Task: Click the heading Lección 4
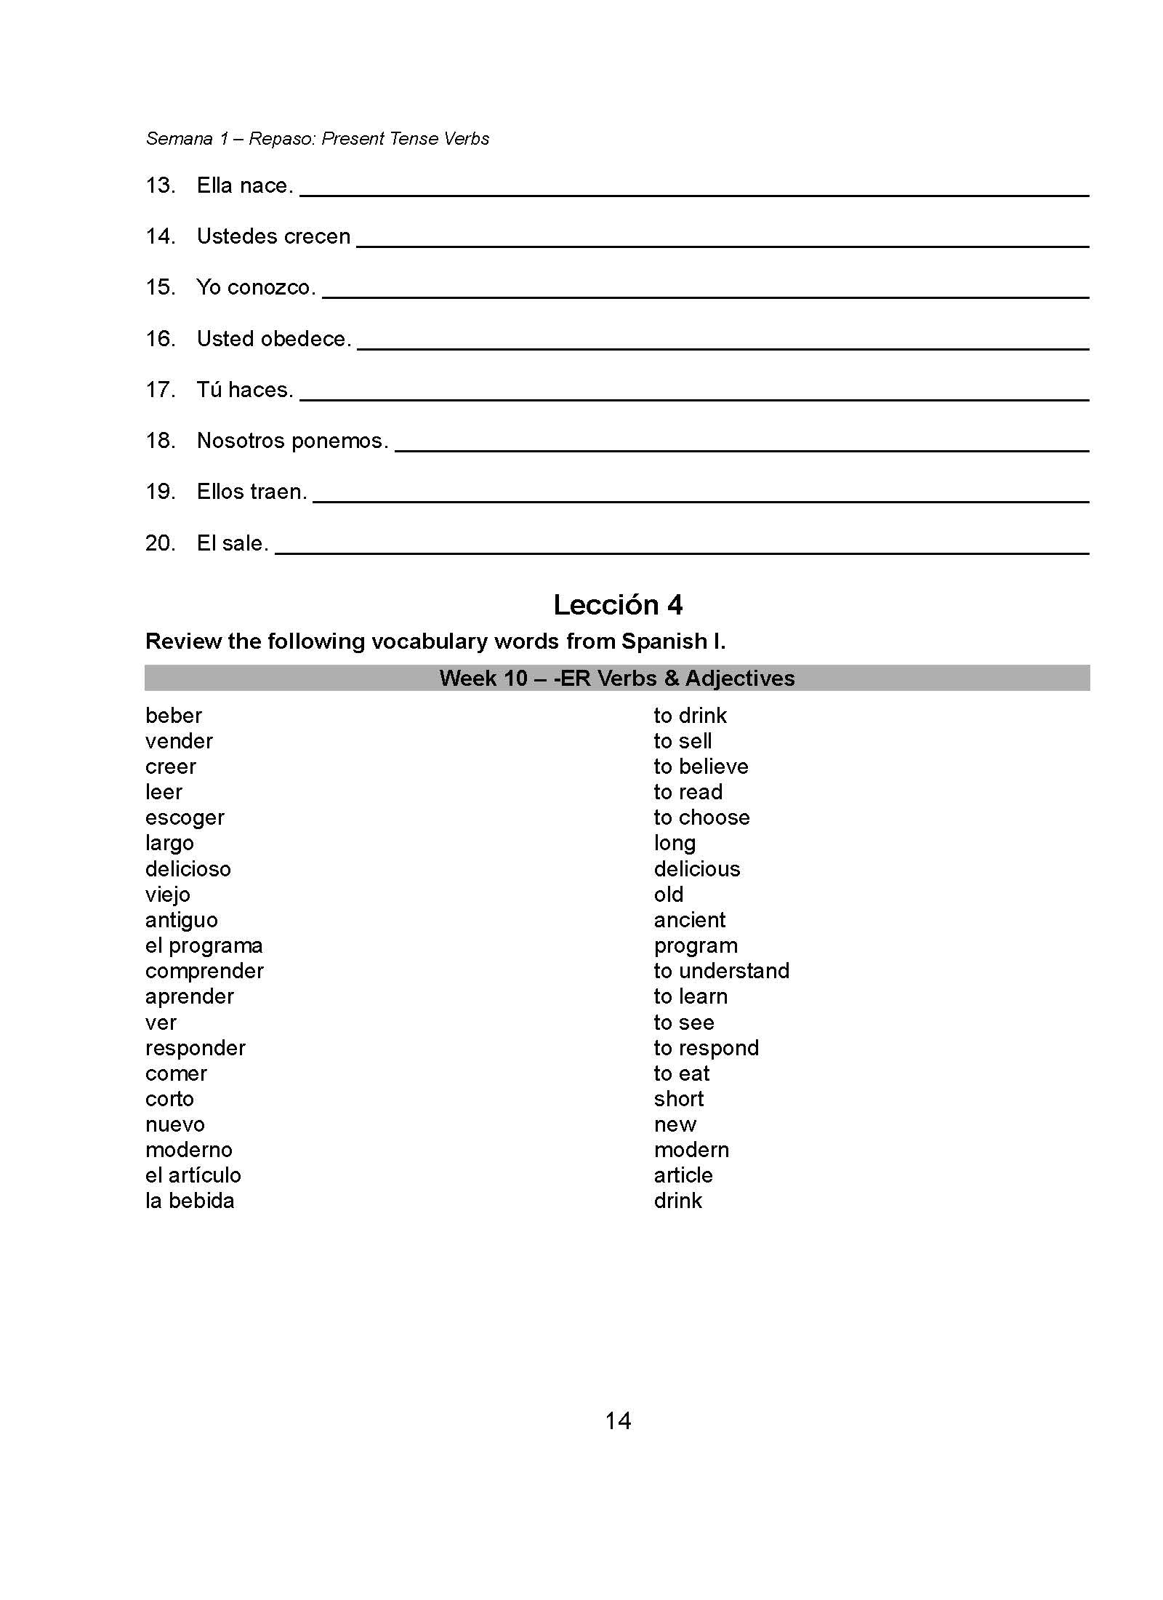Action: coord(617,605)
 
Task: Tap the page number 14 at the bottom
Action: coord(617,1420)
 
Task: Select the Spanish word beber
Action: coord(173,716)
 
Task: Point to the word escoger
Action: coord(185,818)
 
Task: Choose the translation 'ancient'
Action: coord(689,920)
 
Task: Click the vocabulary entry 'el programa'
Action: coord(204,945)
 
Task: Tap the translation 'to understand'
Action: coord(721,971)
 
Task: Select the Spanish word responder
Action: coord(195,1048)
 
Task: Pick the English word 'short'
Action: coord(678,1099)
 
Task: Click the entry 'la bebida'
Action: coord(190,1201)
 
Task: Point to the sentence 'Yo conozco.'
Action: coord(256,288)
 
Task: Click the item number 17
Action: coord(161,390)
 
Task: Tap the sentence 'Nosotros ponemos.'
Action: coord(292,441)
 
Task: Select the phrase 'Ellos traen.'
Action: coord(251,492)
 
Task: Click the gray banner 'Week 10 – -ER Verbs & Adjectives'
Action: coord(617,678)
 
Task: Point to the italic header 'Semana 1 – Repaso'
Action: coord(317,138)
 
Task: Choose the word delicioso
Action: coord(188,869)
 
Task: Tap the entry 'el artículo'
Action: coord(193,1175)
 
